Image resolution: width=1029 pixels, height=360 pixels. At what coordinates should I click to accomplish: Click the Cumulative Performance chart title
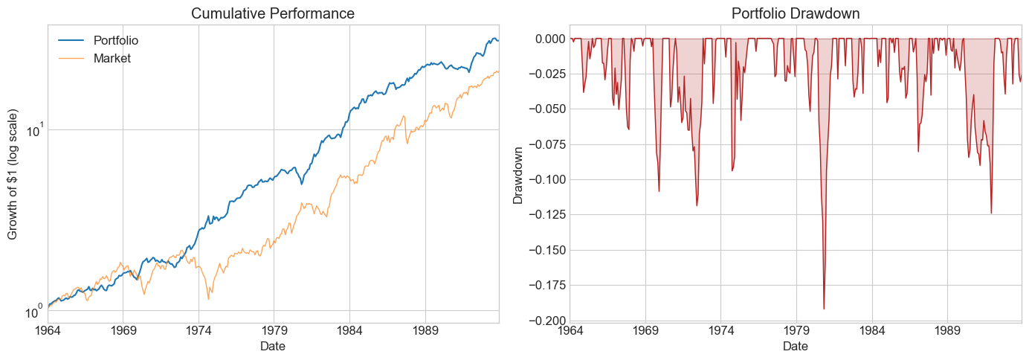[x=273, y=13]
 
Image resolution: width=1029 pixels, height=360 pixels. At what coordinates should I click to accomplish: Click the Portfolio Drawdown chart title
[x=796, y=13]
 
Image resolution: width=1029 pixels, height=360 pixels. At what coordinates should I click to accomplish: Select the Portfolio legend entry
[x=116, y=40]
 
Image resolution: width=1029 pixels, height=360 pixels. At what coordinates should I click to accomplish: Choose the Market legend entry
[x=112, y=58]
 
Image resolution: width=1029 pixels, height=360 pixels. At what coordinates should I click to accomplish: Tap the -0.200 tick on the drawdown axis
[x=546, y=321]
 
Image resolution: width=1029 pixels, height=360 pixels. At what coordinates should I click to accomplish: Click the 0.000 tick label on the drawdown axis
[x=548, y=39]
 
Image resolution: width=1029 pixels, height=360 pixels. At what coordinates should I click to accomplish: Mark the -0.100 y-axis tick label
[x=546, y=179]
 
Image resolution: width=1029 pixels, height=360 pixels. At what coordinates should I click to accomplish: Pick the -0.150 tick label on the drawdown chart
[x=546, y=250]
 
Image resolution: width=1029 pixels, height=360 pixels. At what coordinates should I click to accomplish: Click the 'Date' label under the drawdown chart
[x=796, y=346]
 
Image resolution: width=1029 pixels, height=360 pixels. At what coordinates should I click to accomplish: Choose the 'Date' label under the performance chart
[x=273, y=346]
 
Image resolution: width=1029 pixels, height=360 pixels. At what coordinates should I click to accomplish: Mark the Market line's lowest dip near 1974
[x=208, y=299]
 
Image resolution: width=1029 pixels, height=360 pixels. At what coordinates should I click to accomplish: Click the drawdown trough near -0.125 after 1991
[x=991, y=213]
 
